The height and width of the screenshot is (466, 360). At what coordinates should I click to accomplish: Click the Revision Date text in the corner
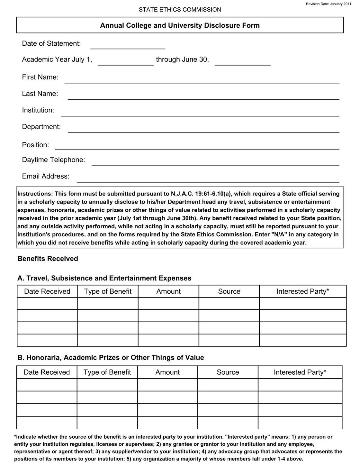[331, 4]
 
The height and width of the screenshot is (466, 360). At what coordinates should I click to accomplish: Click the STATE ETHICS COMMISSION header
[180, 10]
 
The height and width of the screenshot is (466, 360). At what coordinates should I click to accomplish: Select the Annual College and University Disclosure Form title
[180, 25]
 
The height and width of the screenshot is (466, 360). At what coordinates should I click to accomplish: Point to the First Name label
[40, 77]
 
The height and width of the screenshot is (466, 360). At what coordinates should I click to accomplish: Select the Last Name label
[40, 94]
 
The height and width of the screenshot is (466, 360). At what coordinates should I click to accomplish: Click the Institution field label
[38, 110]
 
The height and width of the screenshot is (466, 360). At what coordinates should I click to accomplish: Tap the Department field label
[41, 127]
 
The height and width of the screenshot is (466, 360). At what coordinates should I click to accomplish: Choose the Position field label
[35, 145]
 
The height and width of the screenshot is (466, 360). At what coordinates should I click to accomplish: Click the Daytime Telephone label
[53, 160]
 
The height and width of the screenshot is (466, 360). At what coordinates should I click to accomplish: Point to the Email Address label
[46, 176]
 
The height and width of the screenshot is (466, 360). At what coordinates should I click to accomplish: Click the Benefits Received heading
[48, 259]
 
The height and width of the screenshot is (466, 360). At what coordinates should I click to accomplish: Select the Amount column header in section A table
[168, 291]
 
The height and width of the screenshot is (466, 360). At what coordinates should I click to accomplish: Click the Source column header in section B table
[228, 372]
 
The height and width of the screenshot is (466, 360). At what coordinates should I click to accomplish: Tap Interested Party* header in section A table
[302, 291]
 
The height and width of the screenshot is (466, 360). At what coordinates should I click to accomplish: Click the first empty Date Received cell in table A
[47, 303]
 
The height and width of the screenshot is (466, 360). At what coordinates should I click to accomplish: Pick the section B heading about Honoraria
[111, 358]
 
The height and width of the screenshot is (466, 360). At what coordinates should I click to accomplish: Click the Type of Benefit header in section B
[107, 372]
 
